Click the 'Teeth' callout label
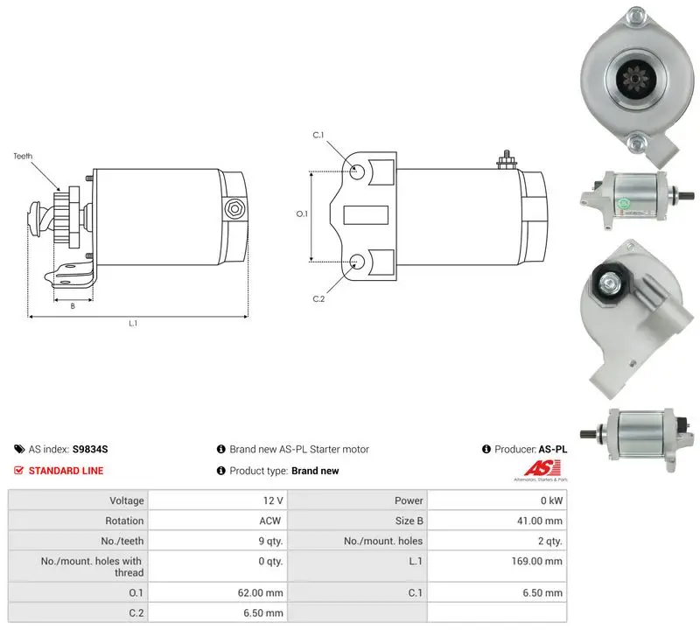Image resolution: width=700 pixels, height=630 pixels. pos(23,157)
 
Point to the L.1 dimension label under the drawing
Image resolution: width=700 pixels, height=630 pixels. pos(133,323)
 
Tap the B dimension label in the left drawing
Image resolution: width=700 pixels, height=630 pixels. pos(73,306)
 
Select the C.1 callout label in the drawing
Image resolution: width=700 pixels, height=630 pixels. pos(318,135)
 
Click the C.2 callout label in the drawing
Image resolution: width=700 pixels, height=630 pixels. pos(318,298)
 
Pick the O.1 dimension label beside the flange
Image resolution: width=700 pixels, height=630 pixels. pos(302,213)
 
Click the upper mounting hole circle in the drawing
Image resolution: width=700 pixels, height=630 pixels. pos(357,171)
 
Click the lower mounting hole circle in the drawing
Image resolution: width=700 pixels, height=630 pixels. pos(357,262)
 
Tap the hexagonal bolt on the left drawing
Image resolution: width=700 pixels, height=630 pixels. pos(234,209)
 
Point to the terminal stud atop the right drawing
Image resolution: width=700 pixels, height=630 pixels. pos(507,160)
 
